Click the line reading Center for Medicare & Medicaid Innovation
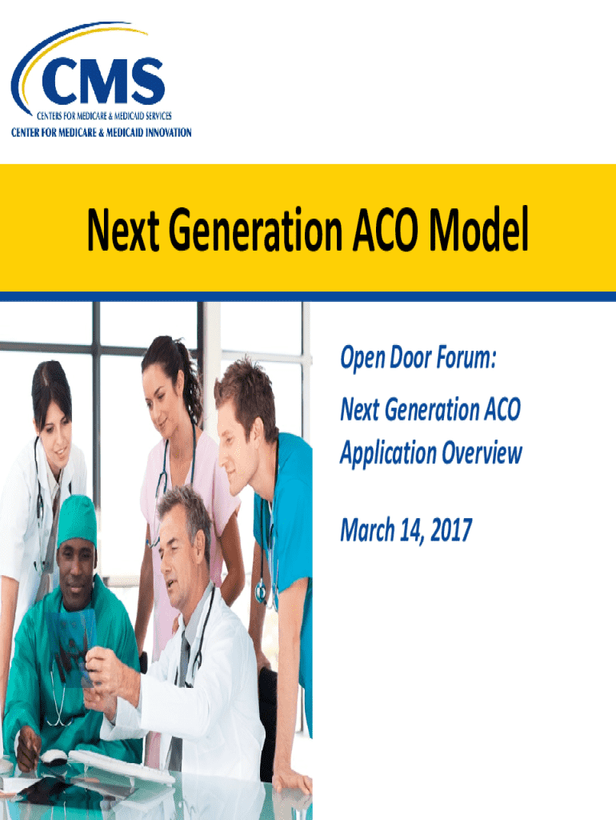click(101, 132)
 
